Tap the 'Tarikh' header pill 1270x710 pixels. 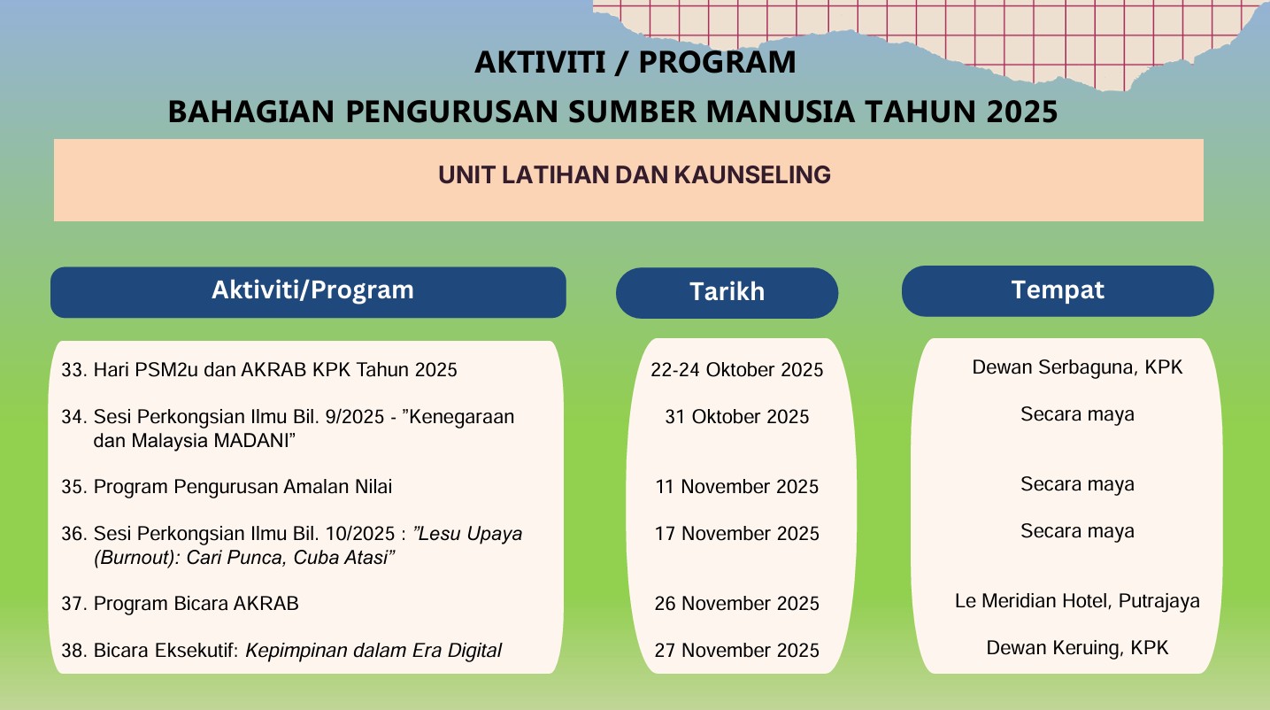727,293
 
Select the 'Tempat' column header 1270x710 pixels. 1058,291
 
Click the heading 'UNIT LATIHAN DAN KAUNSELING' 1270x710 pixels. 635,174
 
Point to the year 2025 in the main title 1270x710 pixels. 1021,112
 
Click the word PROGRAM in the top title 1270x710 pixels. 717,62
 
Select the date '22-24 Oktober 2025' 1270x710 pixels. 736,370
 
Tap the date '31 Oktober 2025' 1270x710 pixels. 736,417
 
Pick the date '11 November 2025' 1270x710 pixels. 736,487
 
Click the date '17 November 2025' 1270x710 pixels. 736,534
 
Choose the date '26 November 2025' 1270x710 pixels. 736,604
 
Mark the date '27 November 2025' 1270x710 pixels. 736,651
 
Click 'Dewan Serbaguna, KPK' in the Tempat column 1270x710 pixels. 1077,367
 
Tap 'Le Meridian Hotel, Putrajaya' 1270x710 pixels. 1077,601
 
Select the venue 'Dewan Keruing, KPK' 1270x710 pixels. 1077,648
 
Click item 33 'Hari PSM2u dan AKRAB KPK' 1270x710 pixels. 259,370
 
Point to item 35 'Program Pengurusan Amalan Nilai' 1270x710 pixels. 227,487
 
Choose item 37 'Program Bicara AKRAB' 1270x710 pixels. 180,604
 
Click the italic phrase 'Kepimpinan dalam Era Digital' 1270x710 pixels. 373,651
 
